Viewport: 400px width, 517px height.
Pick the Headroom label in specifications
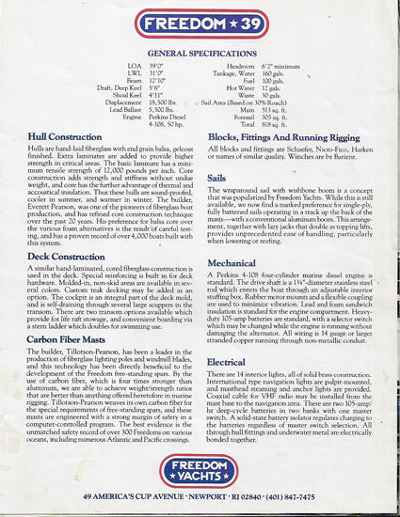[244, 67]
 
